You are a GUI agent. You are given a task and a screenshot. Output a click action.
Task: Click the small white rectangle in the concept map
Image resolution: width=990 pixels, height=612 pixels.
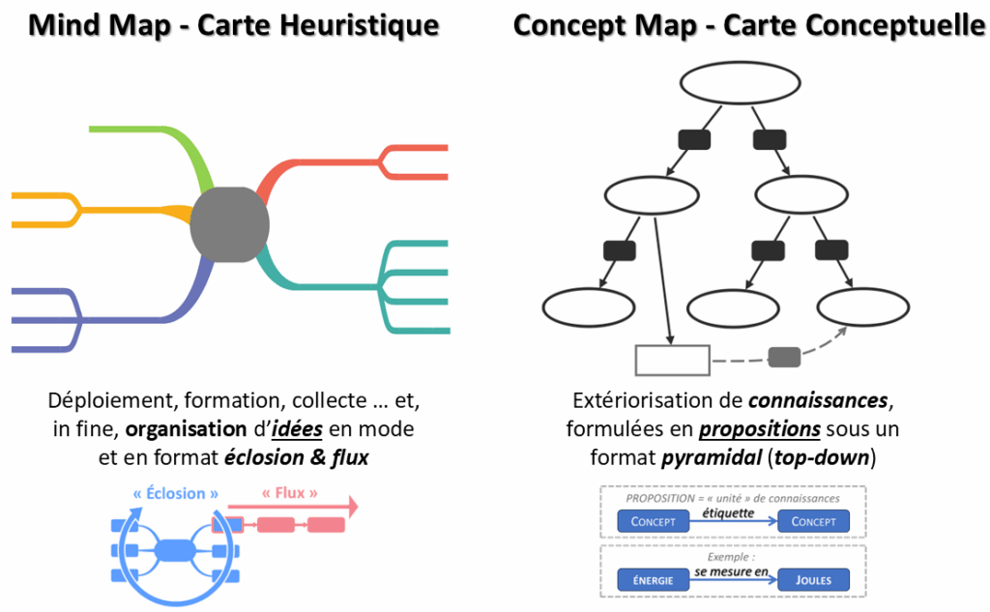coord(672,360)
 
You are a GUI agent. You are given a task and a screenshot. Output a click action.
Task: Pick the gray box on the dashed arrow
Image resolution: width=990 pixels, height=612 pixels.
coord(784,357)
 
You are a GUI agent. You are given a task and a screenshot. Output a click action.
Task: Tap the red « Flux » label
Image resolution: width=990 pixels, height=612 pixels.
coord(290,493)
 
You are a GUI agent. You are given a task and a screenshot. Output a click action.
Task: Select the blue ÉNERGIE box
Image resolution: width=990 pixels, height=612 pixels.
coord(653,580)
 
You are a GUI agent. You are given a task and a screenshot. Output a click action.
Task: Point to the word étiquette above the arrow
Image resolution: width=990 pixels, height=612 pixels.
coord(729,512)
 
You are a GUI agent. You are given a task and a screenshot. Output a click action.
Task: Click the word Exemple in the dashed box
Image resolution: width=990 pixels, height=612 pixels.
coord(727,558)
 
